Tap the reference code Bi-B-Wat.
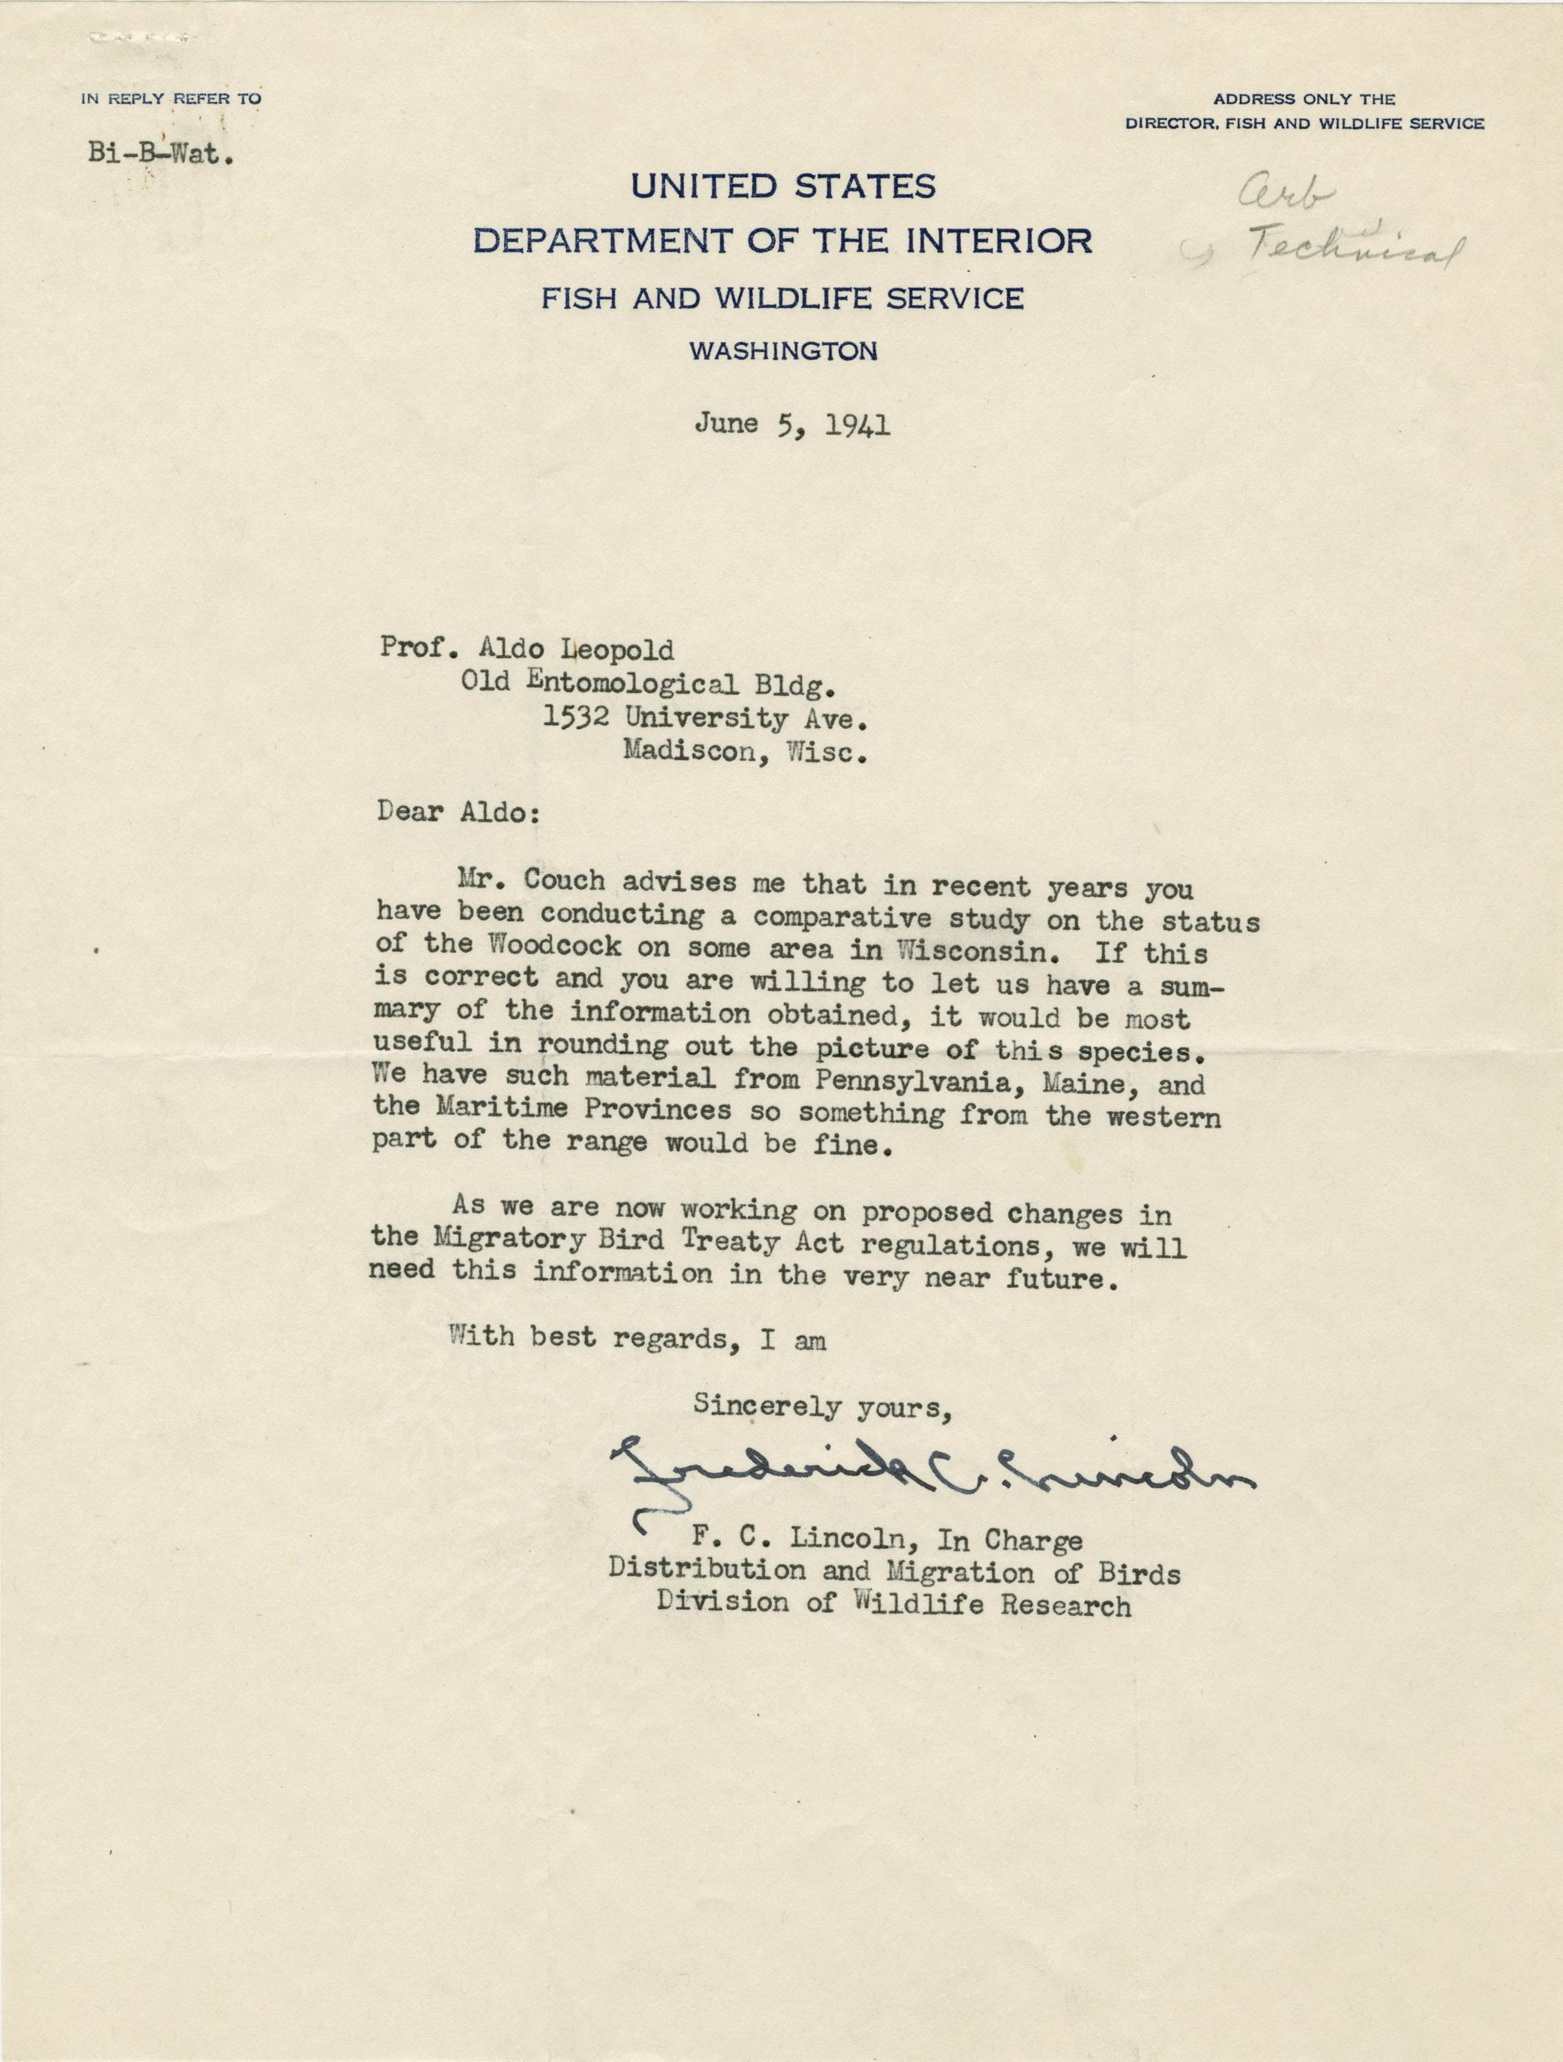coord(160,155)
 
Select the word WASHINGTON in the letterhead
coord(783,352)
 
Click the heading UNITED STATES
coord(783,186)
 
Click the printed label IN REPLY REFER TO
coord(171,98)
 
